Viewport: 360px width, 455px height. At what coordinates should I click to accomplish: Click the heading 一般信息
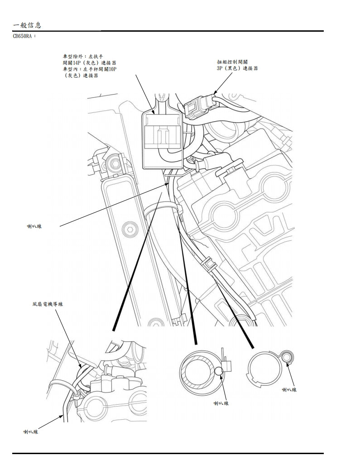click(x=28, y=25)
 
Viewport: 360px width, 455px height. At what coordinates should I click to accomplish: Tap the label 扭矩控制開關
click(x=232, y=62)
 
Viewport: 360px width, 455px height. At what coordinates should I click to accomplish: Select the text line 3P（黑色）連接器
click(x=237, y=68)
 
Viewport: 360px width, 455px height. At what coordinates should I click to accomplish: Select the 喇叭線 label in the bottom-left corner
click(x=31, y=432)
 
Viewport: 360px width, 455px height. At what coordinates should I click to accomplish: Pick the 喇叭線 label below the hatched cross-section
click(x=221, y=403)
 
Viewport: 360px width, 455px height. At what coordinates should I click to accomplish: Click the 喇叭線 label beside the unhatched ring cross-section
click(x=289, y=389)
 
